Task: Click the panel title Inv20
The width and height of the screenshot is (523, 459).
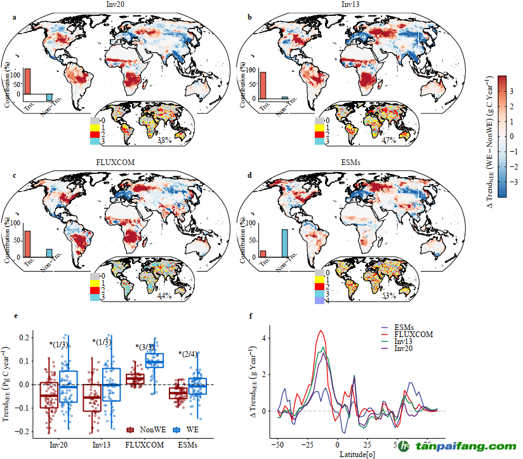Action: [116, 4]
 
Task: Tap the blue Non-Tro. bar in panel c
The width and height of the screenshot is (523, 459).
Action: [50, 253]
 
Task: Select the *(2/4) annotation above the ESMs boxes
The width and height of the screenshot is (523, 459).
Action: [189, 354]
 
